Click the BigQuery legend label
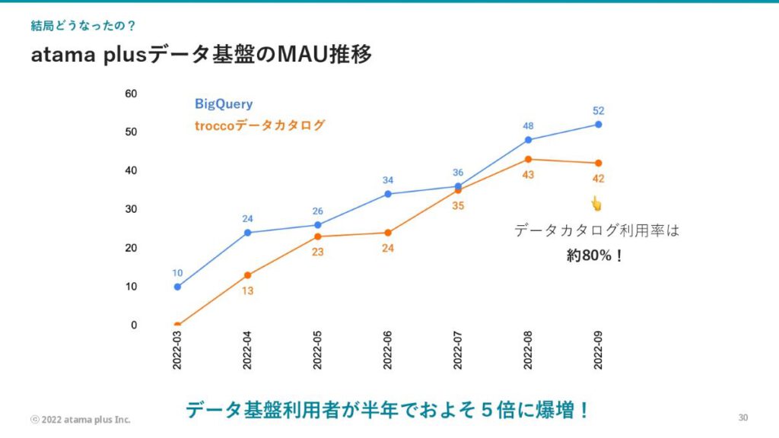[x=224, y=104]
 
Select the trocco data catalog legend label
[x=259, y=125]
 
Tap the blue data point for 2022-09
[x=598, y=124]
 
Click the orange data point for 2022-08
[x=528, y=159]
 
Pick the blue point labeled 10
[x=177, y=287]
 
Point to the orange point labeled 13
[x=247, y=275]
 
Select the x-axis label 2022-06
[x=388, y=351]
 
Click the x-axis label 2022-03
[x=177, y=351]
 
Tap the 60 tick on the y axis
[x=131, y=94]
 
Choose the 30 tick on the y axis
[x=131, y=209]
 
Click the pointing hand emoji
[x=596, y=203]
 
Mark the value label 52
[x=598, y=109]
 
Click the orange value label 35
[x=458, y=205]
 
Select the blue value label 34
[x=388, y=180]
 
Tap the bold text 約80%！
[x=595, y=256]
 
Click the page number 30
[x=743, y=417]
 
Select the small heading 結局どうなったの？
[x=84, y=26]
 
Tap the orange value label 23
[x=317, y=252]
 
